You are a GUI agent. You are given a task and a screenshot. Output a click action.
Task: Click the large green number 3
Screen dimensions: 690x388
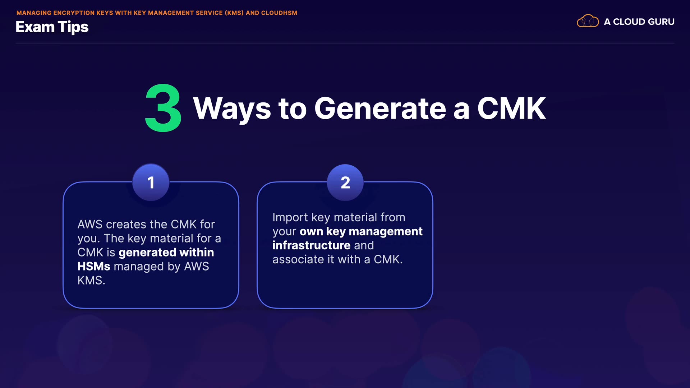163,108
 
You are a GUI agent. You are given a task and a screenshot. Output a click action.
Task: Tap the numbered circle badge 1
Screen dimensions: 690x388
151,183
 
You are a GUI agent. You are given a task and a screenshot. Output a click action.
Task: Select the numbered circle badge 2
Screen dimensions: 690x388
345,183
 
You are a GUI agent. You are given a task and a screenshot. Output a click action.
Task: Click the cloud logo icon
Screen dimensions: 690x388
588,21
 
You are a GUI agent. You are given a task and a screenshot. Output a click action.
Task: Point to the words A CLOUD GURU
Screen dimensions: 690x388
639,22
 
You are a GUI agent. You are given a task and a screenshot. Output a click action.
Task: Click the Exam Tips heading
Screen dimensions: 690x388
52,27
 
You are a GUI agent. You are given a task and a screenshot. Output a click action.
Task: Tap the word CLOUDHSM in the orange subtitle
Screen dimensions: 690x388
279,13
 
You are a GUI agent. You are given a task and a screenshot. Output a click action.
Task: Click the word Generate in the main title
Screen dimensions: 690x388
380,108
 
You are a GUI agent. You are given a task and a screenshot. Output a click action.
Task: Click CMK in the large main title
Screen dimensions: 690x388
511,108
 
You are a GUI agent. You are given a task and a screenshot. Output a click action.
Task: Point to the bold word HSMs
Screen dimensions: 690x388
94,266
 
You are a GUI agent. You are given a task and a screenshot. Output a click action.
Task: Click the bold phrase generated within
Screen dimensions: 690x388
166,253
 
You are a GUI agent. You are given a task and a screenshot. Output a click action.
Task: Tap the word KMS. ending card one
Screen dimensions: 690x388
91,280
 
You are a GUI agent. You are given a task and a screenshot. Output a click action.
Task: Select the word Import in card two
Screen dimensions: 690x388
290,218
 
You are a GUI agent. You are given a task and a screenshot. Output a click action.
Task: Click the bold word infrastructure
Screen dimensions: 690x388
311,245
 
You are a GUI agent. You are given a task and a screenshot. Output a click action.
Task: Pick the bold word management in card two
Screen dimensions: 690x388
386,232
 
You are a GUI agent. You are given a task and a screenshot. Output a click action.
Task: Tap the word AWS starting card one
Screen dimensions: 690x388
90,225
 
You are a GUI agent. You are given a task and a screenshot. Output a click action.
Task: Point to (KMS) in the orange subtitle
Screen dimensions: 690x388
234,13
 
